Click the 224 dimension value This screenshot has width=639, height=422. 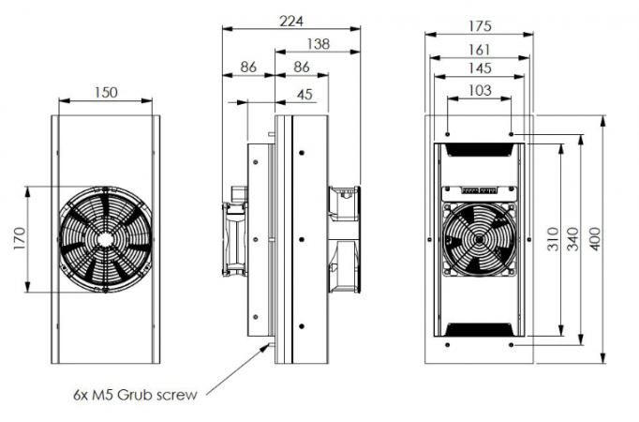291,21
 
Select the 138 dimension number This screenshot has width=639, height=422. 318,44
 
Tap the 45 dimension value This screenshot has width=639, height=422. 305,95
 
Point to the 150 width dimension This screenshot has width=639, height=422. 106,93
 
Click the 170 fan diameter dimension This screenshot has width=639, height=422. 19,239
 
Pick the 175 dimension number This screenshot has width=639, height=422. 480,26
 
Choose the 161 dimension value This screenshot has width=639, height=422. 480,50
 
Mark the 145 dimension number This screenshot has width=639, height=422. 480,68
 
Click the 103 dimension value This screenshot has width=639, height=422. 480,90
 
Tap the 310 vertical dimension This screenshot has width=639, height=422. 552,239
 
